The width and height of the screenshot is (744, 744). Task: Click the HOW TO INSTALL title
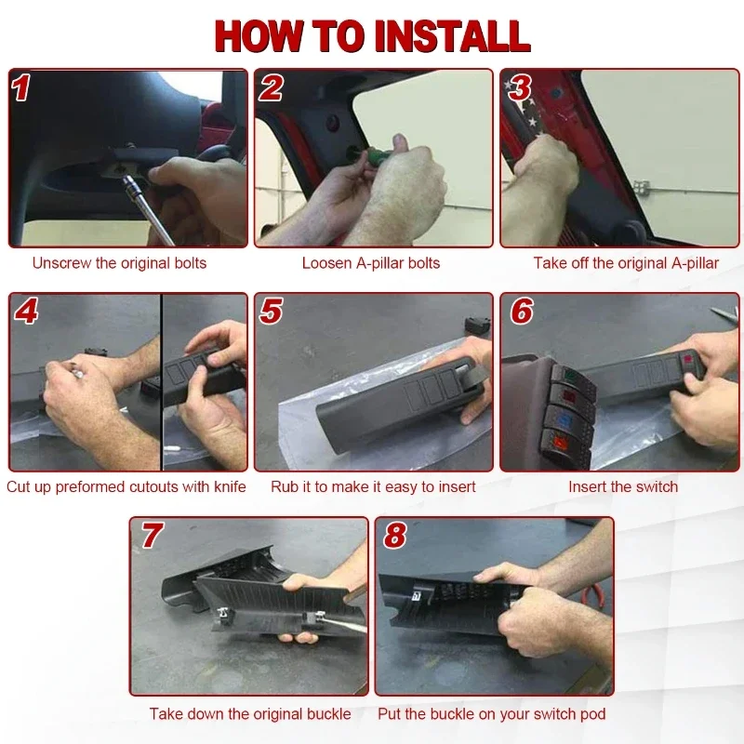tap(373, 36)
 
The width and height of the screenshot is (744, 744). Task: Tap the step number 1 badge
tap(20, 87)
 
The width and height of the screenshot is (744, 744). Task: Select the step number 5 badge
tap(271, 312)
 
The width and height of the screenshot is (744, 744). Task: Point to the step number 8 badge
tap(394, 536)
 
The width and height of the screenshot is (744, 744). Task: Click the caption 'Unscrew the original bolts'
tap(119, 263)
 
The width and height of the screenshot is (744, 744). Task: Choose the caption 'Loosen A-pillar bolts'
tap(371, 263)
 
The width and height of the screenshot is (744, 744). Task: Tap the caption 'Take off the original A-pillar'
tap(626, 263)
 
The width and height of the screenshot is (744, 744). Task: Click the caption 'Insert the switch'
tap(623, 486)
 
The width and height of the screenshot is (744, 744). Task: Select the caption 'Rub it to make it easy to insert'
tap(373, 486)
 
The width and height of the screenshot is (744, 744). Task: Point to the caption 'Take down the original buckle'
tap(250, 714)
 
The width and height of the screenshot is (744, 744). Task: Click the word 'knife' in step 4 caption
tap(230, 486)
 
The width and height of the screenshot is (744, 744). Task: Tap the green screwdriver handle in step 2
tap(378, 155)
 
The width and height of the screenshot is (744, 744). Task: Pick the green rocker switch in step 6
tap(572, 378)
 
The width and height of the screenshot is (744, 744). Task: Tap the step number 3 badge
tap(520, 87)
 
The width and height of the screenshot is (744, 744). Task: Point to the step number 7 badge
tap(152, 536)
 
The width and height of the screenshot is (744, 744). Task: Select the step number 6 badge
tap(522, 312)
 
